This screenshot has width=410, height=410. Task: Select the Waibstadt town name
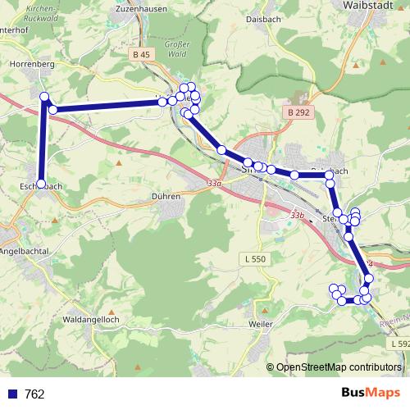pyautogui.click(x=366, y=6)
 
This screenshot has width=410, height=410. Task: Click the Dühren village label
pyautogui.click(x=166, y=197)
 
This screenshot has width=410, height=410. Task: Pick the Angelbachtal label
pyautogui.click(x=25, y=250)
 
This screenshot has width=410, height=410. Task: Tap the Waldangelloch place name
pyautogui.click(x=92, y=318)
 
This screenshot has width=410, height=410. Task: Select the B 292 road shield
pyautogui.click(x=299, y=112)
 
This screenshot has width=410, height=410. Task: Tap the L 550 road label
pyautogui.click(x=255, y=259)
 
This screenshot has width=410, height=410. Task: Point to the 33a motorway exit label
pyautogui.click(x=215, y=184)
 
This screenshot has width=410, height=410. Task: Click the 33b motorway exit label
pyautogui.click(x=297, y=216)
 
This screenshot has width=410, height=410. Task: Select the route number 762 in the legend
pyautogui.click(x=34, y=394)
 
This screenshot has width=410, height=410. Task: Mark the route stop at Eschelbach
pyautogui.click(x=41, y=183)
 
